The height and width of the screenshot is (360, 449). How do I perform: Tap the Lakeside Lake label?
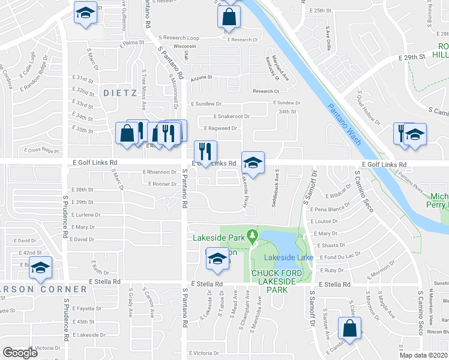click(289, 257)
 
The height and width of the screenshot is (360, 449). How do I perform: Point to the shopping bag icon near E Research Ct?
click(229, 18)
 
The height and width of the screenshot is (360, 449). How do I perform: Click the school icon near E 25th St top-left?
click(85, 13)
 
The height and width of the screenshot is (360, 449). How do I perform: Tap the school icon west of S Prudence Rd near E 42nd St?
click(41, 268)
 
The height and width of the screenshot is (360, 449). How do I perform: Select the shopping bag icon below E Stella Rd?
click(349, 328)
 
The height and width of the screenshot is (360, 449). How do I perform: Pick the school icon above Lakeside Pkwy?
click(253, 163)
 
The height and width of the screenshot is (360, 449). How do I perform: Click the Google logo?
click(20, 352)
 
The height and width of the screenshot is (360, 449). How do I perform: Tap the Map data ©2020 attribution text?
click(424, 355)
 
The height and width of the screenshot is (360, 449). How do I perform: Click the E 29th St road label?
click(412, 56)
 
